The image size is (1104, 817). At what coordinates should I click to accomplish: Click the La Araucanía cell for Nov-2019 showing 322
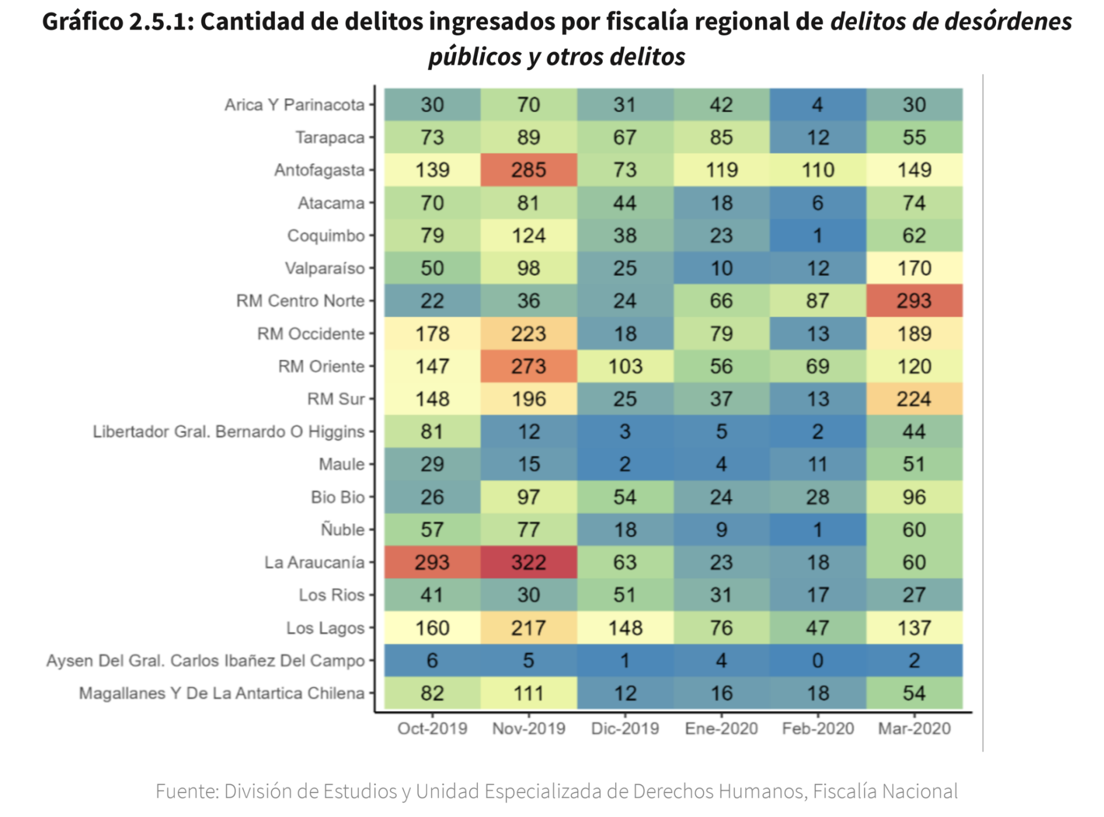pyautogui.click(x=528, y=562)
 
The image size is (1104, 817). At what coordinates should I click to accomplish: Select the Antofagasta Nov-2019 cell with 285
pyautogui.click(x=528, y=170)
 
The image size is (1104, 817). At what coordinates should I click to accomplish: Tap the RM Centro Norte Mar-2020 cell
pyautogui.click(x=914, y=301)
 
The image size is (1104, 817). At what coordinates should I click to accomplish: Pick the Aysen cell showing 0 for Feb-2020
pyautogui.click(x=818, y=660)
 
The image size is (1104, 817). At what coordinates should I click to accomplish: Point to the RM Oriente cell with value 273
pyautogui.click(x=528, y=366)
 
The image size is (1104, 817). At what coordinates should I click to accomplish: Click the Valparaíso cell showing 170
pyautogui.click(x=914, y=268)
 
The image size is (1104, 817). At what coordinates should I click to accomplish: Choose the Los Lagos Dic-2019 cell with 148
pyautogui.click(x=625, y=628)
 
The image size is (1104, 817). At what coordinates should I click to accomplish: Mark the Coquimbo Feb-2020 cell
pyautogui.click(x=818, y=235)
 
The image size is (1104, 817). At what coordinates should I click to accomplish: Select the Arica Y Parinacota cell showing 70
pyautogui.click(x=528, y=104)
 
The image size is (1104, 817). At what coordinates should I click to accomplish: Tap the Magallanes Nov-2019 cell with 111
pyautogui.click(x=528, y=693)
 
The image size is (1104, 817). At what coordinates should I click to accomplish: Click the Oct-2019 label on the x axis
pyautogui.click(x=432, y=728)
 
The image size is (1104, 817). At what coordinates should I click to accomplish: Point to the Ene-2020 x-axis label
pyautogui.click(x=721, y=728)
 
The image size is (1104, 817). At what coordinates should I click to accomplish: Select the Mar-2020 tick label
pyautogui.click(x=914, y=728)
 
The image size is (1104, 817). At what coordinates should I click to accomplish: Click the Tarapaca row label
pyautogui.click(x=329, y=137)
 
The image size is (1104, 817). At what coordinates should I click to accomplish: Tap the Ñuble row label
pyautogui.click(x=342, y=529)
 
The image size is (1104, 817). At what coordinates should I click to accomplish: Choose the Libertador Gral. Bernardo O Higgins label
pyautogui.click(x=229, y=432)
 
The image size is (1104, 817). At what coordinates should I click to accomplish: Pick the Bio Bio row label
pyautogui.click(x=337, y=497)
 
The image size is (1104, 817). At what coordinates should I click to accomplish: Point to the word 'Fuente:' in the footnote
pyautogui.click(x=187, y=791)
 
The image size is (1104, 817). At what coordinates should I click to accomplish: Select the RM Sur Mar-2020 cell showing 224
pyautogui.click(x=914, y=399)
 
